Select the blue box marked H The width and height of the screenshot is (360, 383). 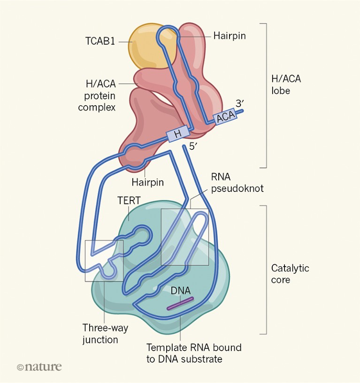tap(177, 134)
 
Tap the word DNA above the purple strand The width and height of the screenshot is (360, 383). tap(180, 291)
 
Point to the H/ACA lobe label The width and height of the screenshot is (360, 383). tap(286, 84)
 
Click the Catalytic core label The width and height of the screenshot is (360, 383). tap(290, 274)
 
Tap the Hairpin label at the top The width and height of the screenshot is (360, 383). tap(230, 35)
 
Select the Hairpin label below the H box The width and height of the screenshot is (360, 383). tap(147, 182)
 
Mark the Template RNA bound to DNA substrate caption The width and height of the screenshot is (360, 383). tap(194, 353)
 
